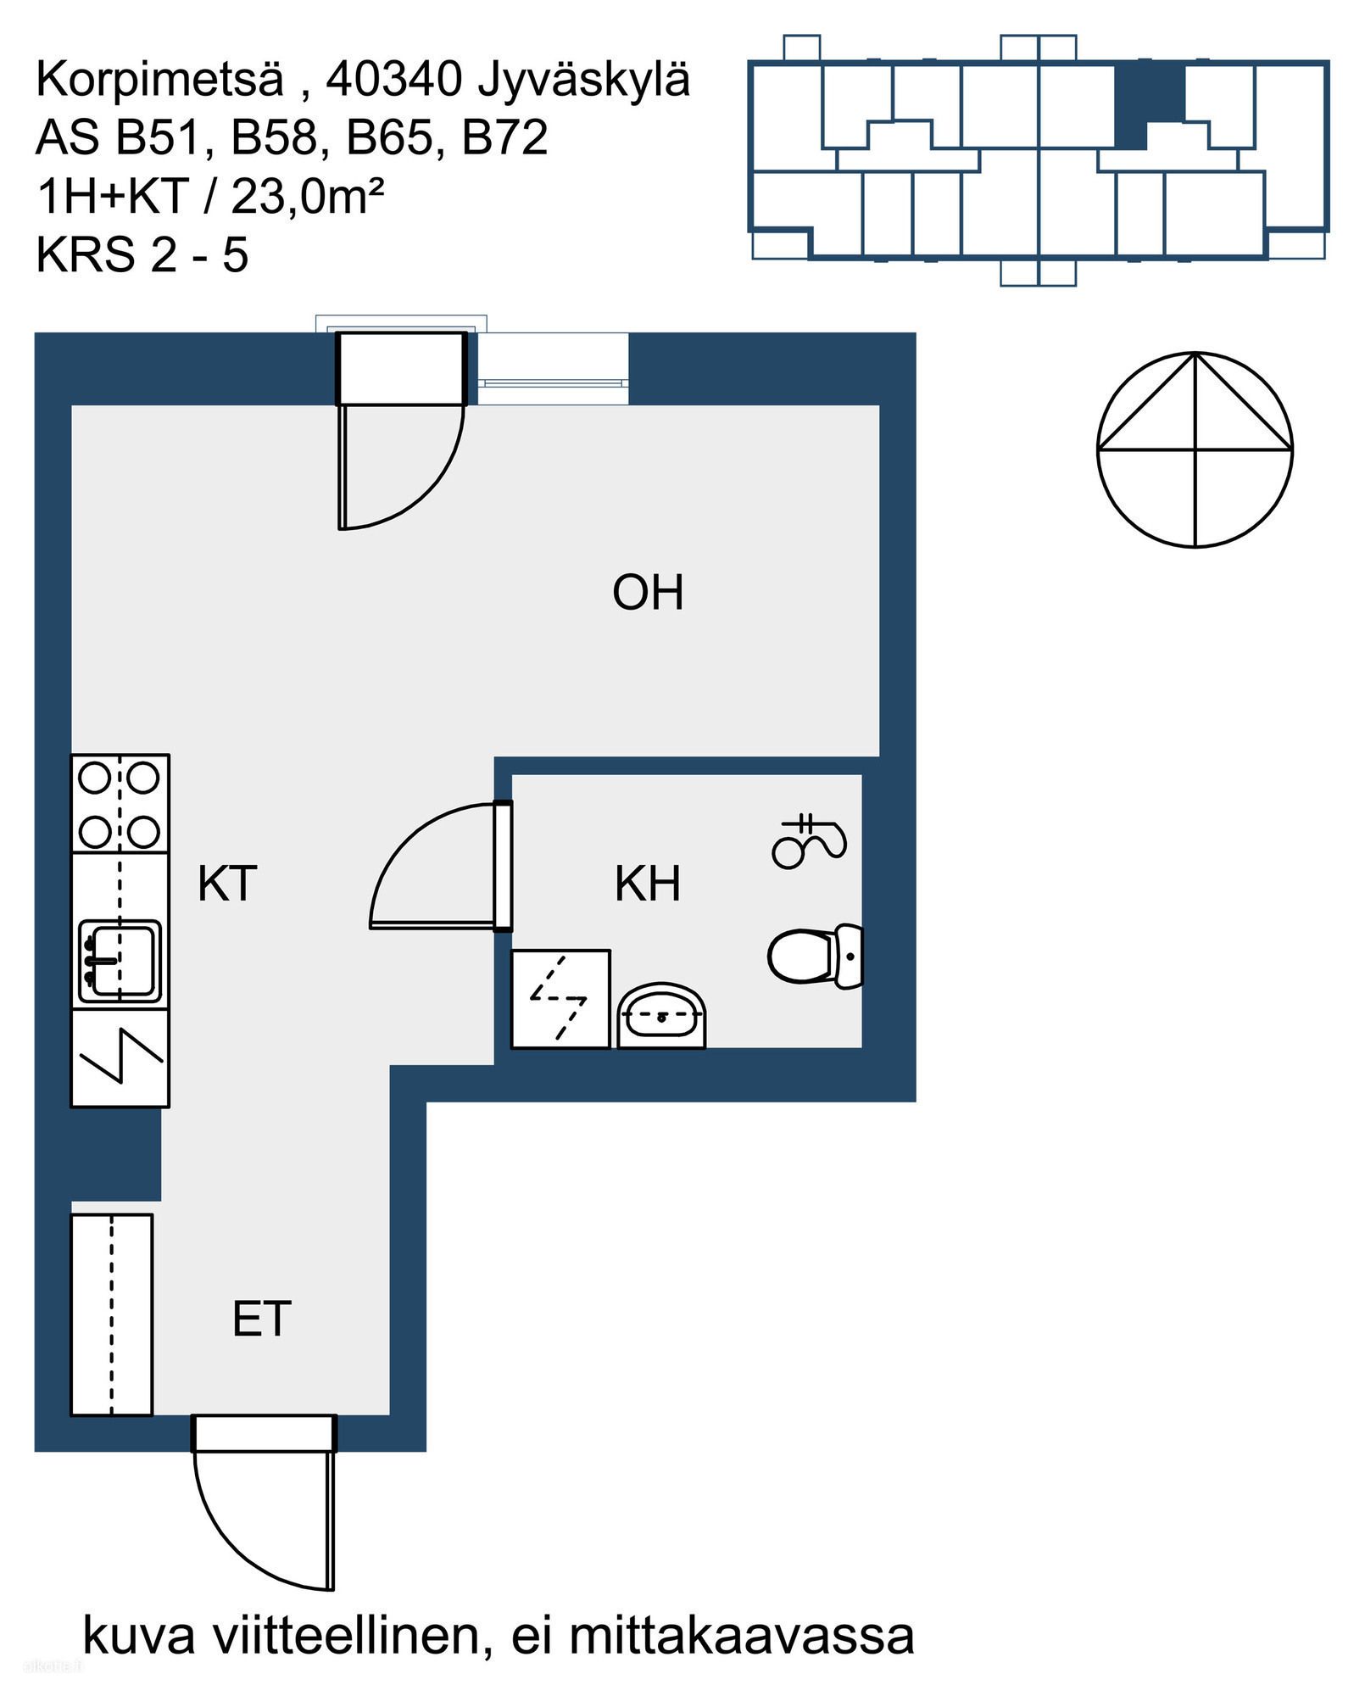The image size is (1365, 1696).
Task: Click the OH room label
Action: [x=648, y=593]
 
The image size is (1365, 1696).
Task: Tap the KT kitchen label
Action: [x=226, y=884]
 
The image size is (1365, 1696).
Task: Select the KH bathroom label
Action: [x=648, y=884]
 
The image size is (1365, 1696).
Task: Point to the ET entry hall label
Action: [x=261, y=1319]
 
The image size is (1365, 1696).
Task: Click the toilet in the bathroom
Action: [x=815, y=956]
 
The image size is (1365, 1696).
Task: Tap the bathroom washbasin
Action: [x=661, y=1016]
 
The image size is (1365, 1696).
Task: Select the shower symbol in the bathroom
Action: [x=809, y=840]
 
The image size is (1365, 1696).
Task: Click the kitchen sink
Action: [x=120, y=960]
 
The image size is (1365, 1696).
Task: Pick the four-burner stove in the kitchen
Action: [x=120, y=803]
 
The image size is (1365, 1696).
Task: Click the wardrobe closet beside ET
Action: [x=112, y=1315]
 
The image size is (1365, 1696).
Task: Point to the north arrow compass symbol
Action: [x=1195, y=449]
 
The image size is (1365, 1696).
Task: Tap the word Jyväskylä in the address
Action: [x=585, y=80]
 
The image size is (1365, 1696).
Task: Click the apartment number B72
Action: [x=505, y=138]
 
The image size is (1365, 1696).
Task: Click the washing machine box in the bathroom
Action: [x=560, y=999]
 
